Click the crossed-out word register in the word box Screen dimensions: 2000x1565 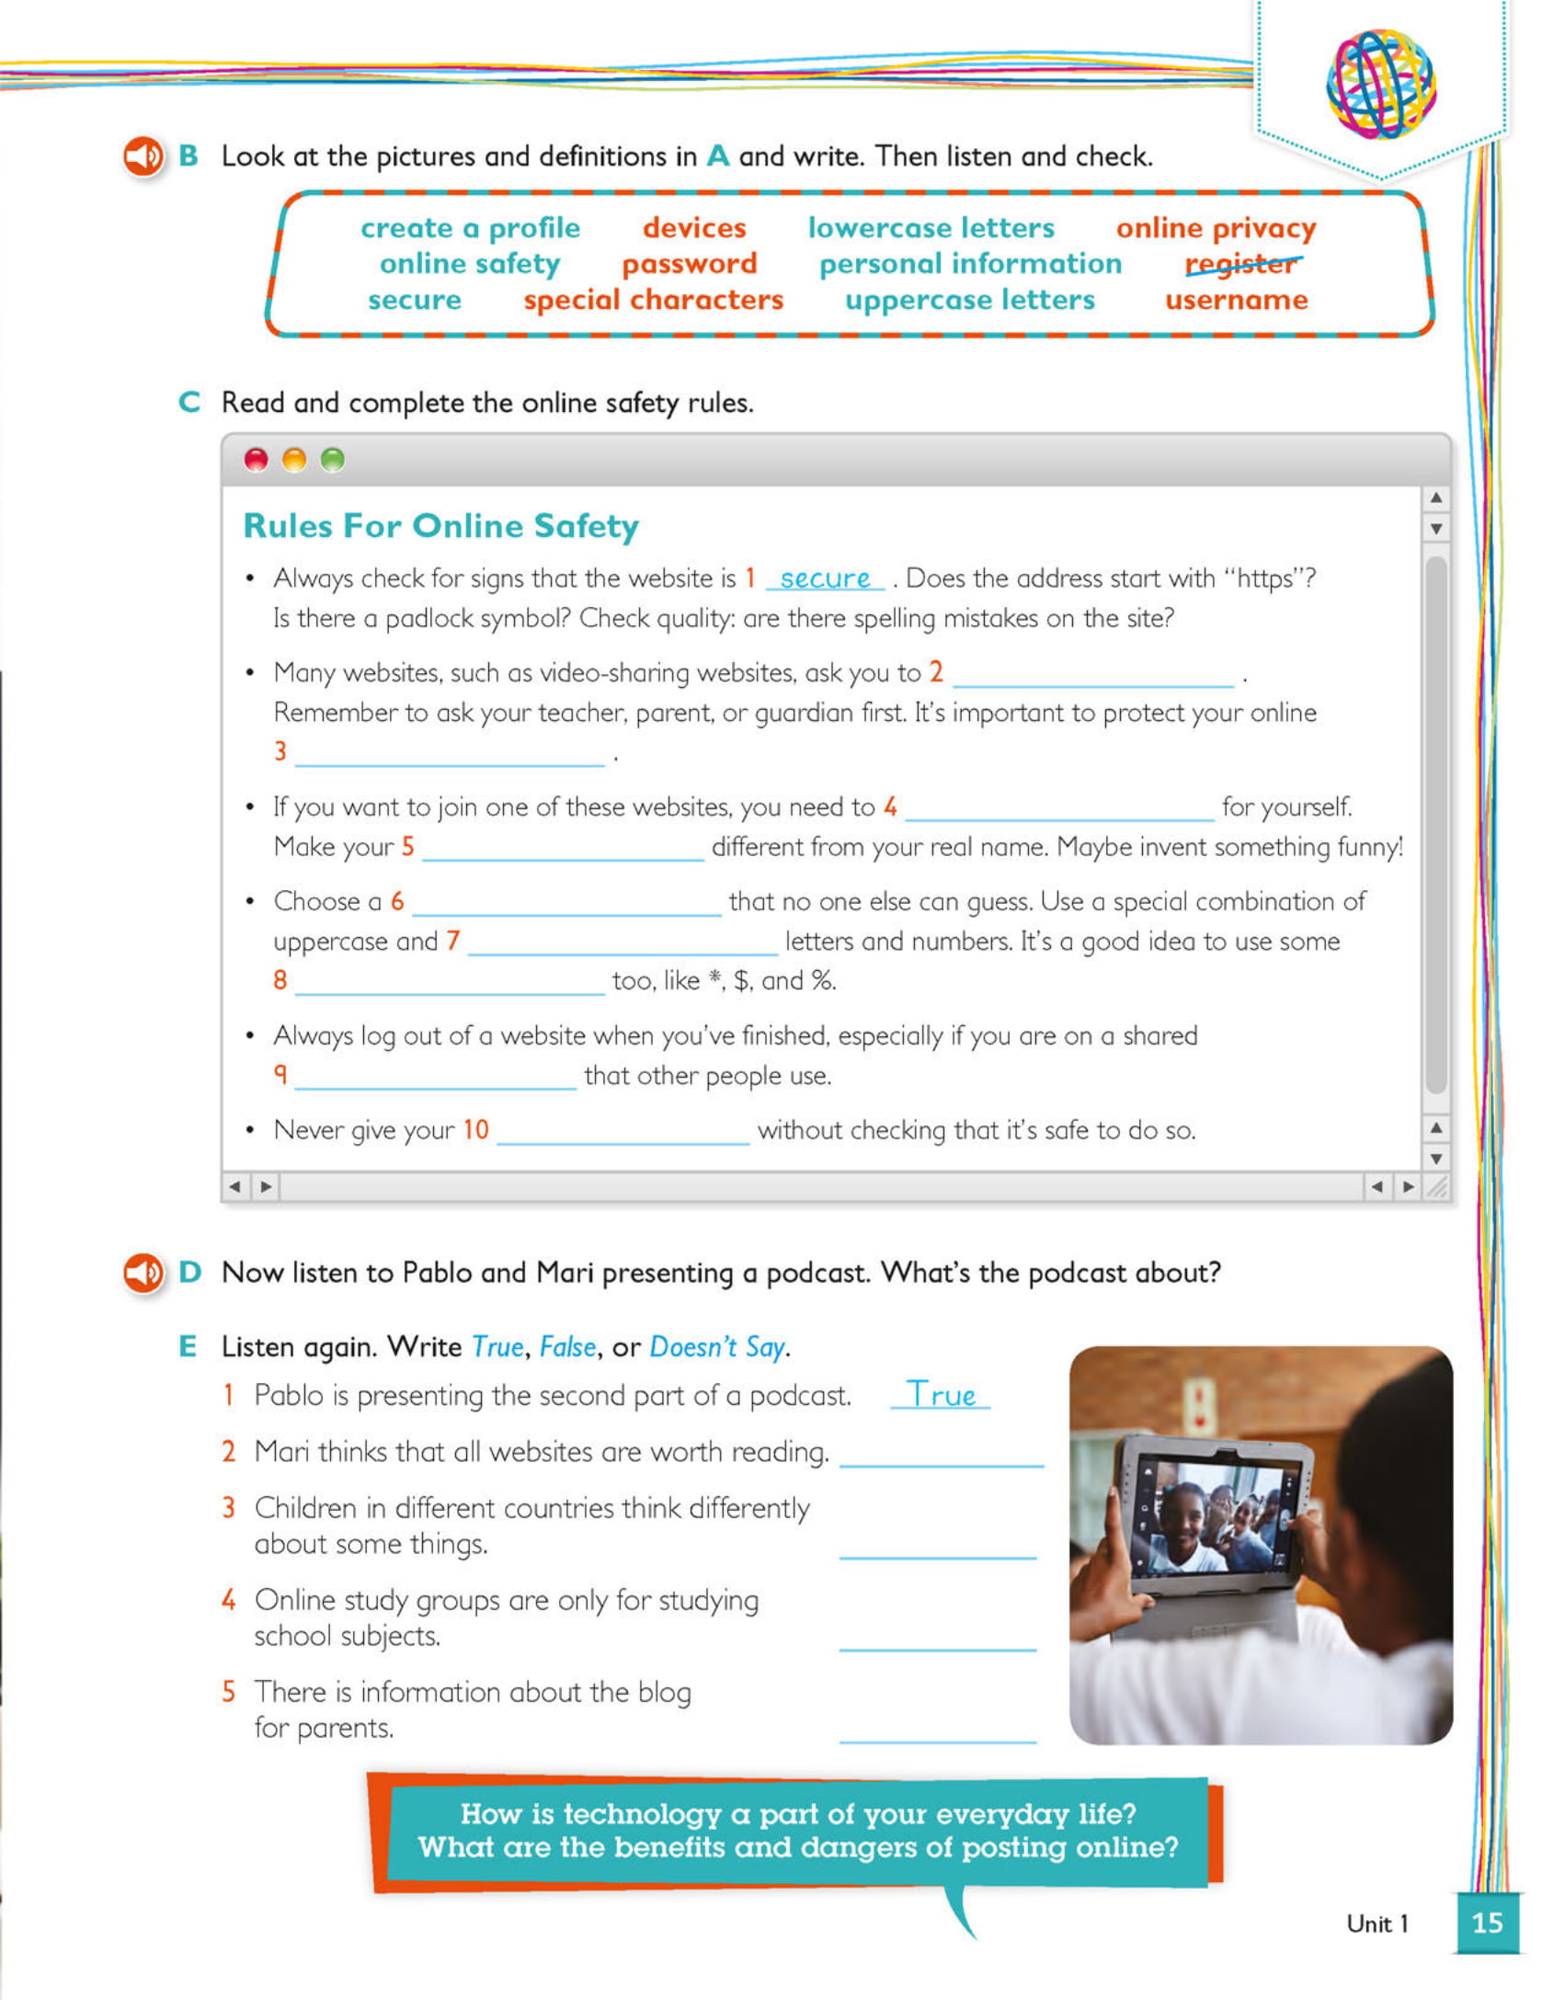coord(1242,265)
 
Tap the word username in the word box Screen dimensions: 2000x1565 coord(1236,301)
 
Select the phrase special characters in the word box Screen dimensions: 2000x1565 coord(653,301)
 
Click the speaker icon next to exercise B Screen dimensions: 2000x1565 coord(143,157)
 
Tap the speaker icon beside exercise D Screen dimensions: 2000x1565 coord(143,1273)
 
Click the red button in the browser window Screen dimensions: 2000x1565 coord(257,460)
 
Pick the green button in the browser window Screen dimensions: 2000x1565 coord(333,460)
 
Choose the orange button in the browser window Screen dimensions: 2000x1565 coord(294,460)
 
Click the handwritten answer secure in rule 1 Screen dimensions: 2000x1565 coord(825,578)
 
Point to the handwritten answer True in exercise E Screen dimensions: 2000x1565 coord(941,1395)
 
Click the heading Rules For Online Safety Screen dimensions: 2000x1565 coord(440,526)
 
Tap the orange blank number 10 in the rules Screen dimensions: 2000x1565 coord(475,1129)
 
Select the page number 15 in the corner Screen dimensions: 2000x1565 coord(1487,1923)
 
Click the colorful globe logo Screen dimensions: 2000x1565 coord(1381,84)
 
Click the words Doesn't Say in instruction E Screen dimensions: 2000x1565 coord(717,1347)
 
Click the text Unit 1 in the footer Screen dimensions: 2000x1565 coord(1377,1924)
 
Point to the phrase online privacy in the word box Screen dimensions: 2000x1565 coord(1216,228)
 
